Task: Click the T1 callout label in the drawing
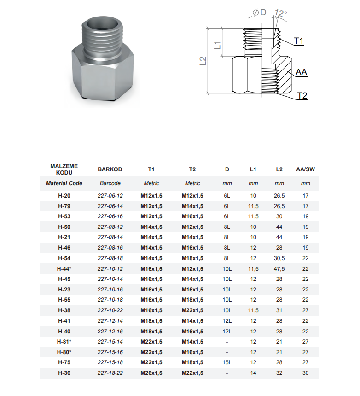point(299,41)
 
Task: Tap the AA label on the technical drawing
point(301,72)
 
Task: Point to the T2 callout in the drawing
point(302,96)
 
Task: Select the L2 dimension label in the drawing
point(203,61)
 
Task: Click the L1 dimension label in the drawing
point(218,45)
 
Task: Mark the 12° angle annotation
point(281,12)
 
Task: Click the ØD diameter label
point(260,12)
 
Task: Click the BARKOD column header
point(110,169)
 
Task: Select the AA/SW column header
point(306,169)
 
